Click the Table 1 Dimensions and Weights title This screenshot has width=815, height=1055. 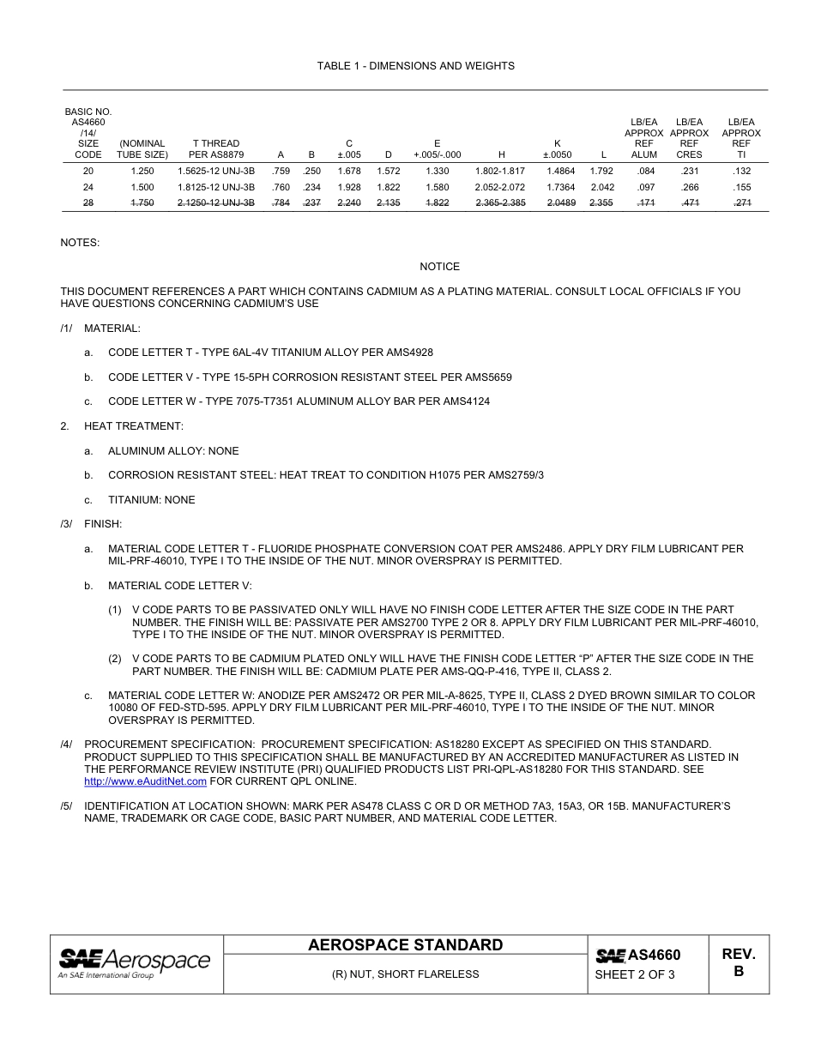(415, 66)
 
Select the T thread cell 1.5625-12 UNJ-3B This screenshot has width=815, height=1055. (216, 171)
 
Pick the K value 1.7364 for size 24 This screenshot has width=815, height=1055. (559, 187)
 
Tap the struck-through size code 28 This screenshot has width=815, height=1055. (88, 203)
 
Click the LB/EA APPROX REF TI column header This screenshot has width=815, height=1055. (741, 139)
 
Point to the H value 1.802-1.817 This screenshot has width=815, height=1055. (500, 171)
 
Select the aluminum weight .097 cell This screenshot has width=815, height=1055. (643, 187)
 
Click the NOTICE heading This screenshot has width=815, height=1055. (439, 267)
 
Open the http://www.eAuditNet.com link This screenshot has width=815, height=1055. (145, 782)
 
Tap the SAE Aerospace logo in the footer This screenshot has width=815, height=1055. (135, 963)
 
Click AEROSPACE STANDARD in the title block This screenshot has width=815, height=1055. (405, 945)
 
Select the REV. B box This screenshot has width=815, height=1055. (738, 963)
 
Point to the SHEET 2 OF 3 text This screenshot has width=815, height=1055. (635, 974)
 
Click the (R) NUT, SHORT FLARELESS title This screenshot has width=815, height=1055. (405, 974)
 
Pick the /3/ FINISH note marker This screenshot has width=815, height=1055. (66, 523)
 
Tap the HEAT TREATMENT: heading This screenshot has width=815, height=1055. (133, 426)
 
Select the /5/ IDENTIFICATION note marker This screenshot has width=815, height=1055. (66, 807)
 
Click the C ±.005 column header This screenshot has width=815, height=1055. (348, 149)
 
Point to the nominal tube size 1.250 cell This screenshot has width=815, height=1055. (142, 171)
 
